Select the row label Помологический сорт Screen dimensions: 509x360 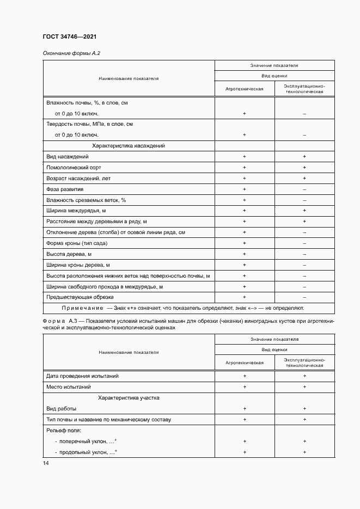coord(74,168)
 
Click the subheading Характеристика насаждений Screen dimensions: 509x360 coord(129,146)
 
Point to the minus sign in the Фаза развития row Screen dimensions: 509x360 coord(304,189)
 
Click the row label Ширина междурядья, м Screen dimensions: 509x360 coord(76,211)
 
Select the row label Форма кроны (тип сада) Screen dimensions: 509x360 coord(78,243)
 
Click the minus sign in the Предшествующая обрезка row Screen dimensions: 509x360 coord(304,297)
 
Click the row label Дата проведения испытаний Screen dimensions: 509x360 coord(82,376)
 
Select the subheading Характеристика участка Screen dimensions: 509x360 coord(129,398)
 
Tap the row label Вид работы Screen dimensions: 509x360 coord(62,409)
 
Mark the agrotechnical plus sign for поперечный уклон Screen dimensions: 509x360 coord(245,441)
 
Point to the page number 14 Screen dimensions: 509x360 coord(46,463)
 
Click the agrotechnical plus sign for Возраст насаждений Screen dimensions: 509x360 coord(245,179)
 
